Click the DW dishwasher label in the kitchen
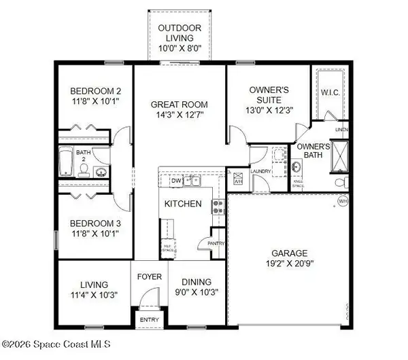point(175,181)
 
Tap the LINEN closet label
point(341,129)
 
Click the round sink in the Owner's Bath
point(296,167)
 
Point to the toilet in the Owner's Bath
point(342,182)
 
